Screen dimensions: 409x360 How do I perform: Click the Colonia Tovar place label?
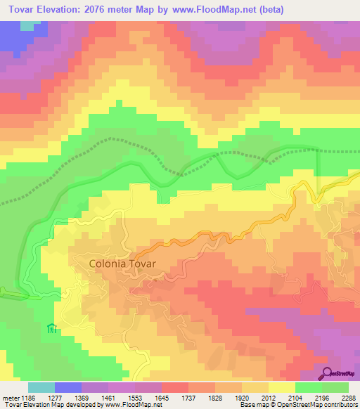(x=122, y=264)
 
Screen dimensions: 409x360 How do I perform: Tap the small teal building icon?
(x=51, y=328)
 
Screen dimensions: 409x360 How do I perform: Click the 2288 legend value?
(x=348, y=397)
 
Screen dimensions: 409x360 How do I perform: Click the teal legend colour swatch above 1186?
(x=41, y=387)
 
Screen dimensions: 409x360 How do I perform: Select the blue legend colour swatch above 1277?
(x=68, y=387)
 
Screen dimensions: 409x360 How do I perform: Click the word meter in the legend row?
(x=10, y=397)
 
